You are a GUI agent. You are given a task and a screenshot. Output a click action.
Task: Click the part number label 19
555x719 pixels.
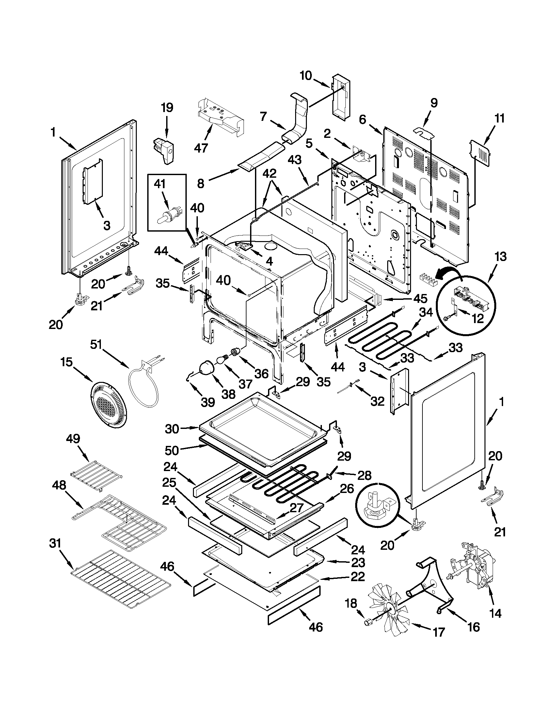pos(167,108)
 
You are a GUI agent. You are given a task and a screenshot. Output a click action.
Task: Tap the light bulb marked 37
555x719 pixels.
pos(221,360)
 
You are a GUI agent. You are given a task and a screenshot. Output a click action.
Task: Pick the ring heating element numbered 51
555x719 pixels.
pos(143,384)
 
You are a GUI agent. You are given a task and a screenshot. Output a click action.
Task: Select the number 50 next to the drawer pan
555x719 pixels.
pos(172,450)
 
